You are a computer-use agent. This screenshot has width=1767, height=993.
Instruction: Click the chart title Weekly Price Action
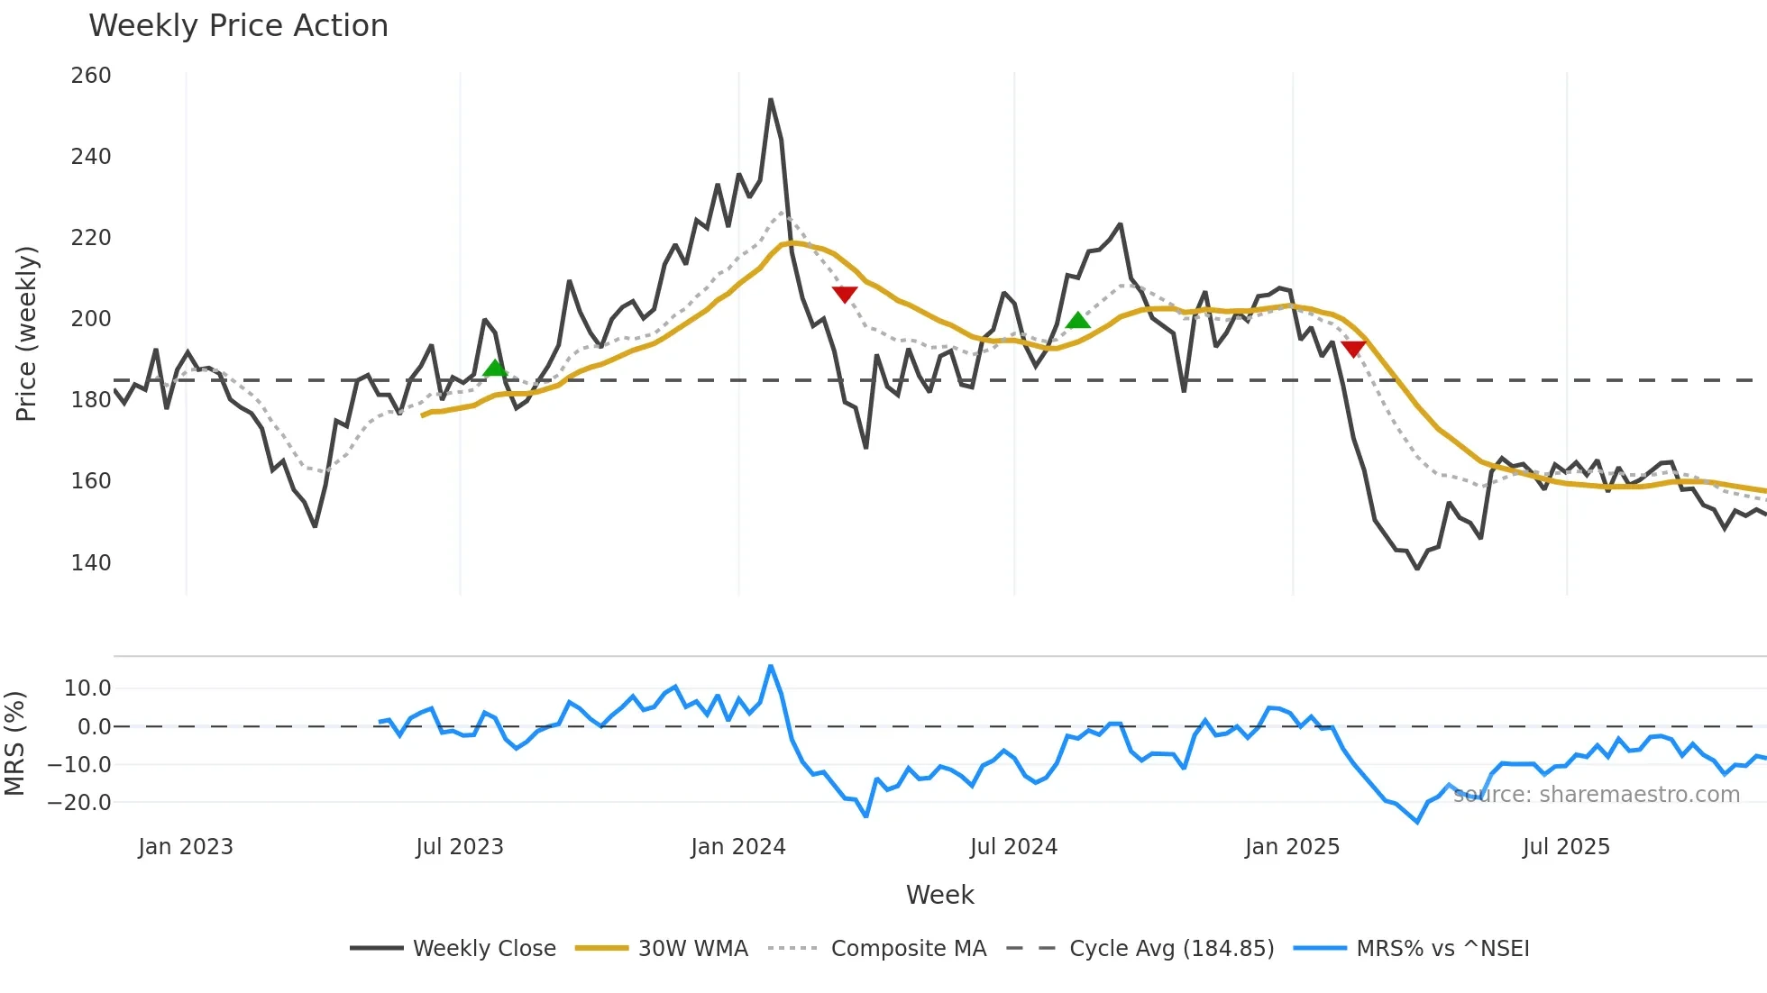238,26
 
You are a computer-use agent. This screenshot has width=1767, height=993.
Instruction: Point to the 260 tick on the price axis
91,76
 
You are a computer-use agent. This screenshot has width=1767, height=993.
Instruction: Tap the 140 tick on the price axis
91,563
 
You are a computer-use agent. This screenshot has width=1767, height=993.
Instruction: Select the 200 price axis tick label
91,319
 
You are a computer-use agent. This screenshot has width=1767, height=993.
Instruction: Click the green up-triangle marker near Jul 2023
495,368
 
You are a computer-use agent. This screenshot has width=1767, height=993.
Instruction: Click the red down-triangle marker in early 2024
845,294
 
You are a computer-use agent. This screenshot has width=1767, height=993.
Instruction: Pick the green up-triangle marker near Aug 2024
1077,320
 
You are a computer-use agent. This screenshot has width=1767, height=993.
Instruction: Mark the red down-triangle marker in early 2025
1353,349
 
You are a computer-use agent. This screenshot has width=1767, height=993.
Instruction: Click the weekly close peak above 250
771,100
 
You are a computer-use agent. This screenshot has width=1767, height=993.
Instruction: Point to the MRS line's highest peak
771,667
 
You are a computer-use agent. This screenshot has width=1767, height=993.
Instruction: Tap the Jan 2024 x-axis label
738,847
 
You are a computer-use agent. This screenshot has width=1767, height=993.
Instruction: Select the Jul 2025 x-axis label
1566,847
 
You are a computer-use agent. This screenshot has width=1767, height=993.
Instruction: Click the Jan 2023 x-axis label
186,847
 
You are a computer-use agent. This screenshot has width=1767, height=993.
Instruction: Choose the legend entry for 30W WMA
692,949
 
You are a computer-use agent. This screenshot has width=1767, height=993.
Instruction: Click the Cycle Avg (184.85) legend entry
1171,949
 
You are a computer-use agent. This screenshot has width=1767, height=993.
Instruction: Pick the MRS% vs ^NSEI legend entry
1442,949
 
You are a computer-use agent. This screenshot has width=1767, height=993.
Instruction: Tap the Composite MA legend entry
908,949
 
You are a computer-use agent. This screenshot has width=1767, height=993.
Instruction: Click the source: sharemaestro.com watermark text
1596,795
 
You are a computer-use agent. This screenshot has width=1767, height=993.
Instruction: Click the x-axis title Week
939,895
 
